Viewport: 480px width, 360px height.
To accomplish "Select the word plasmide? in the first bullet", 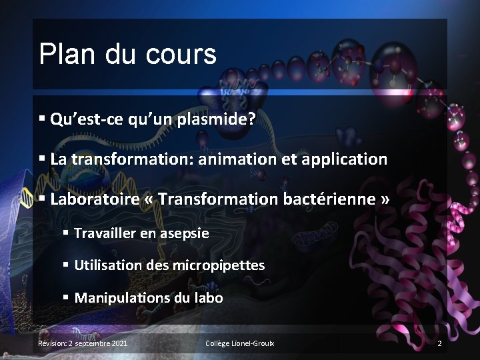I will click(x=218, y=119).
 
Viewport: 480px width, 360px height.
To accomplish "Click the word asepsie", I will click(x=184, y=233).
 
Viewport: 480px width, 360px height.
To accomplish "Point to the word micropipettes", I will click(x=219, y=265).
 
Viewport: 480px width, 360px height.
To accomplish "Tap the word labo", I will click(x=207, y=297).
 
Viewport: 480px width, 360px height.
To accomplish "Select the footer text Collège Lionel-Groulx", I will click(x=239, y=343).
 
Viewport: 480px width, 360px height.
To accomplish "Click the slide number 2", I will click(x=439, y=343).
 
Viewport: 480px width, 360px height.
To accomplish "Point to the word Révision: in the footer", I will click(x=52, y=343).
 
